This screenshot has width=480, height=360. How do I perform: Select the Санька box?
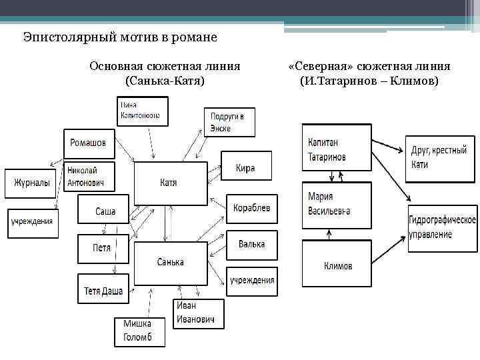point(169,264)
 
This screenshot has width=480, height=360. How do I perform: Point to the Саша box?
point(104,211)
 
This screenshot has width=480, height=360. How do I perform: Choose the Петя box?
point(102,249)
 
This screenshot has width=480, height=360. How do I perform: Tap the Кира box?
point(245,168)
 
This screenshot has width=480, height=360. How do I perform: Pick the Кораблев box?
point(251,208)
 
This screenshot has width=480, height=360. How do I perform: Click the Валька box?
point(251,245)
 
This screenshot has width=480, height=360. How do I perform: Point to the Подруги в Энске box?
point(228,120)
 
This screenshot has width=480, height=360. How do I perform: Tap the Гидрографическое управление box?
point(443,227)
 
